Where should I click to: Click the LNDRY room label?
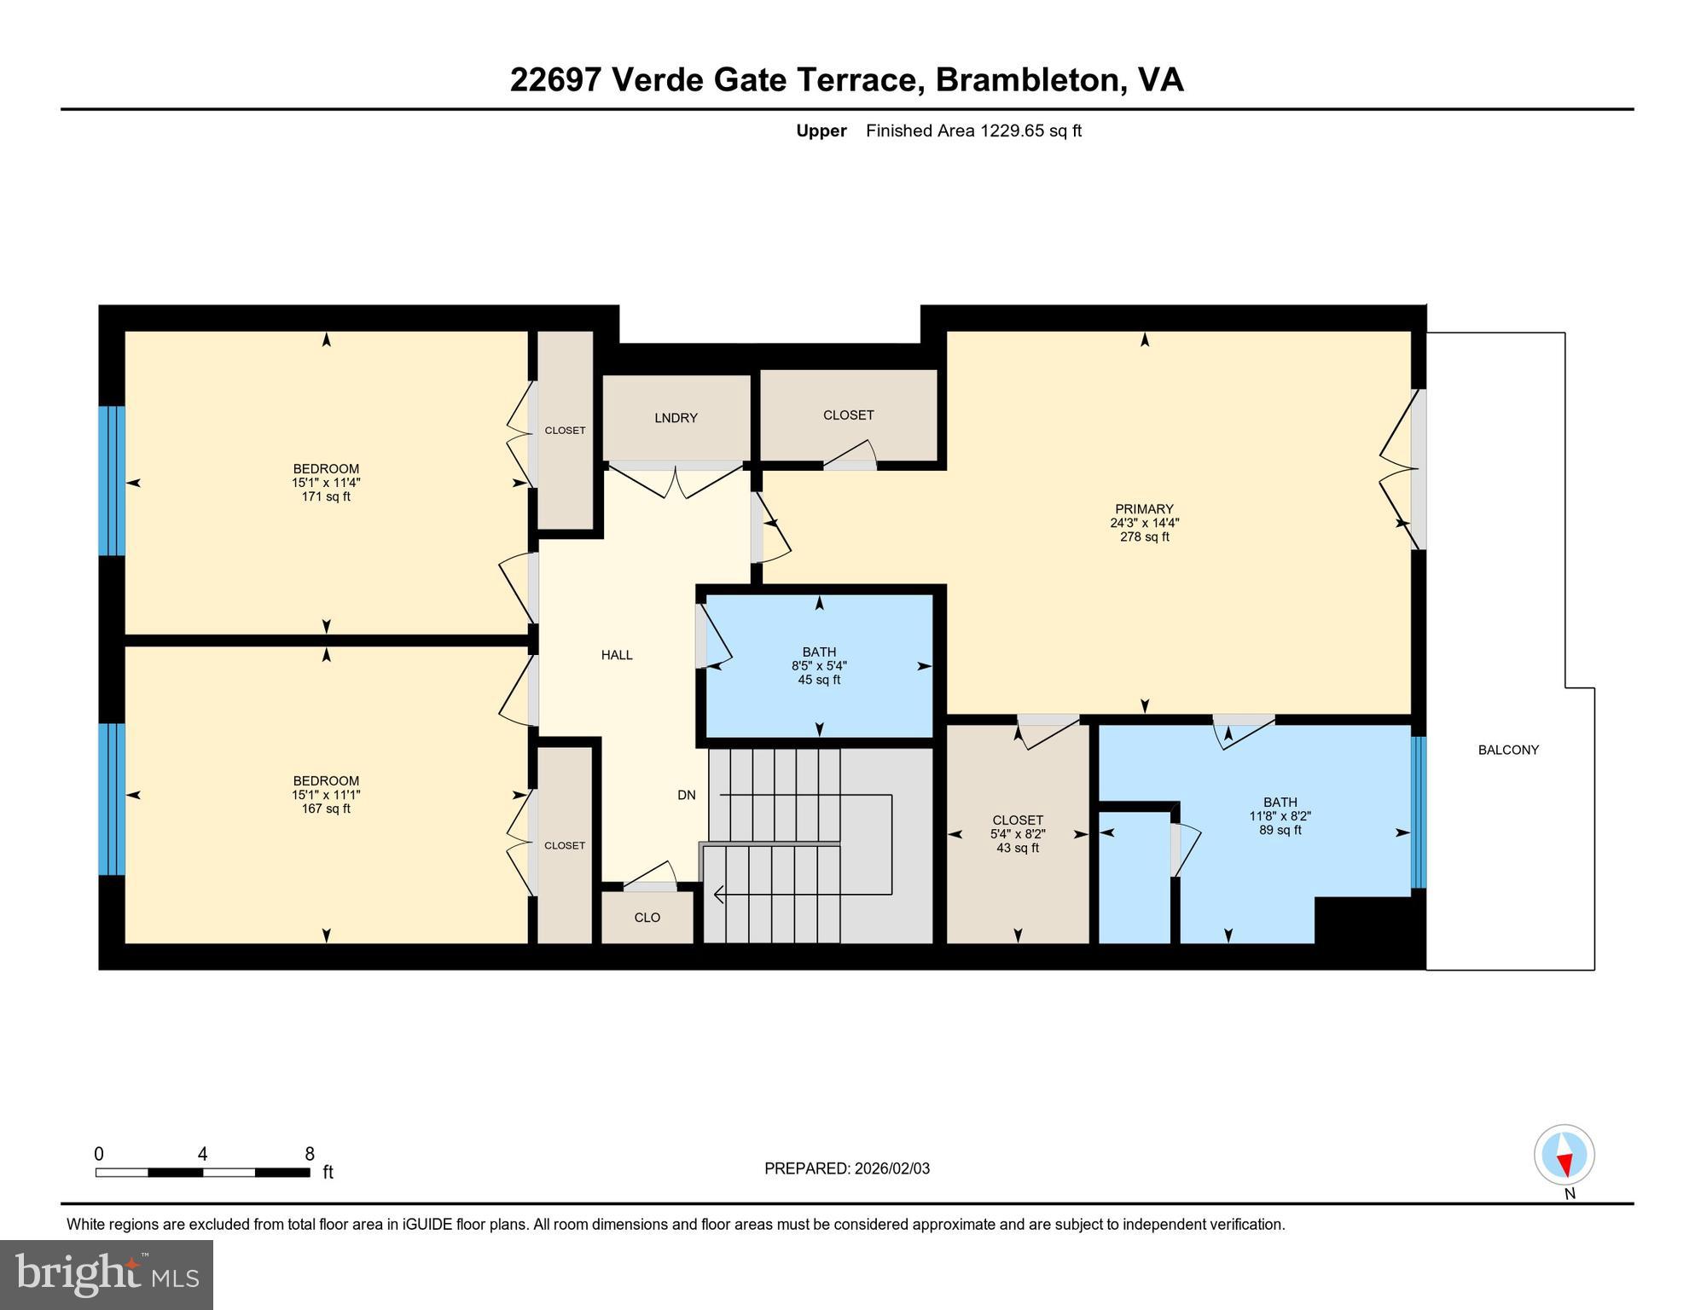(676, 418)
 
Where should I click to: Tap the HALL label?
(616, 655)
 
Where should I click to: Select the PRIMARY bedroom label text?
(1143, 509)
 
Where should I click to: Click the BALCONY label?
(1507, 750)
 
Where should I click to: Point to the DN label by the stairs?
(686, 795)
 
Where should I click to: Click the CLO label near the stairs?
(647, 918)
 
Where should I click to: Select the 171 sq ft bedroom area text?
(326, 496)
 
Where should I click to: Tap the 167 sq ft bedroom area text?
(326, 809)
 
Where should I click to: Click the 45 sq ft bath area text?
(818, 680)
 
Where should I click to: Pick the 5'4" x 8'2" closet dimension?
(1017, 834)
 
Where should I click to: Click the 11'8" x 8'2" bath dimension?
(1280, 816)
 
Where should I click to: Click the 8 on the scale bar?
(310, 1154)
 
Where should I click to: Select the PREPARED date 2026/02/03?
(890, 1168)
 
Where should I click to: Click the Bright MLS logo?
(107, 1274)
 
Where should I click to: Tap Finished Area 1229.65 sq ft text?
(972, 130)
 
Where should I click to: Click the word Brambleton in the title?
(1026, 80)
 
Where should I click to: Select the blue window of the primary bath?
(1418, 812)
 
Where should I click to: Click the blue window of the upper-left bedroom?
(112, 481)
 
